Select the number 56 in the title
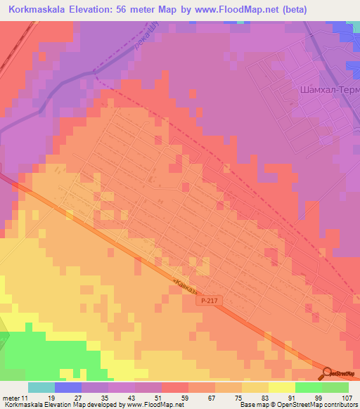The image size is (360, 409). coord(128,9)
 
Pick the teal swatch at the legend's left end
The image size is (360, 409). coord(41,387)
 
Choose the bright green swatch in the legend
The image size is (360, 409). coord(309,387)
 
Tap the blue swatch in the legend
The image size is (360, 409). coord(68,387)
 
